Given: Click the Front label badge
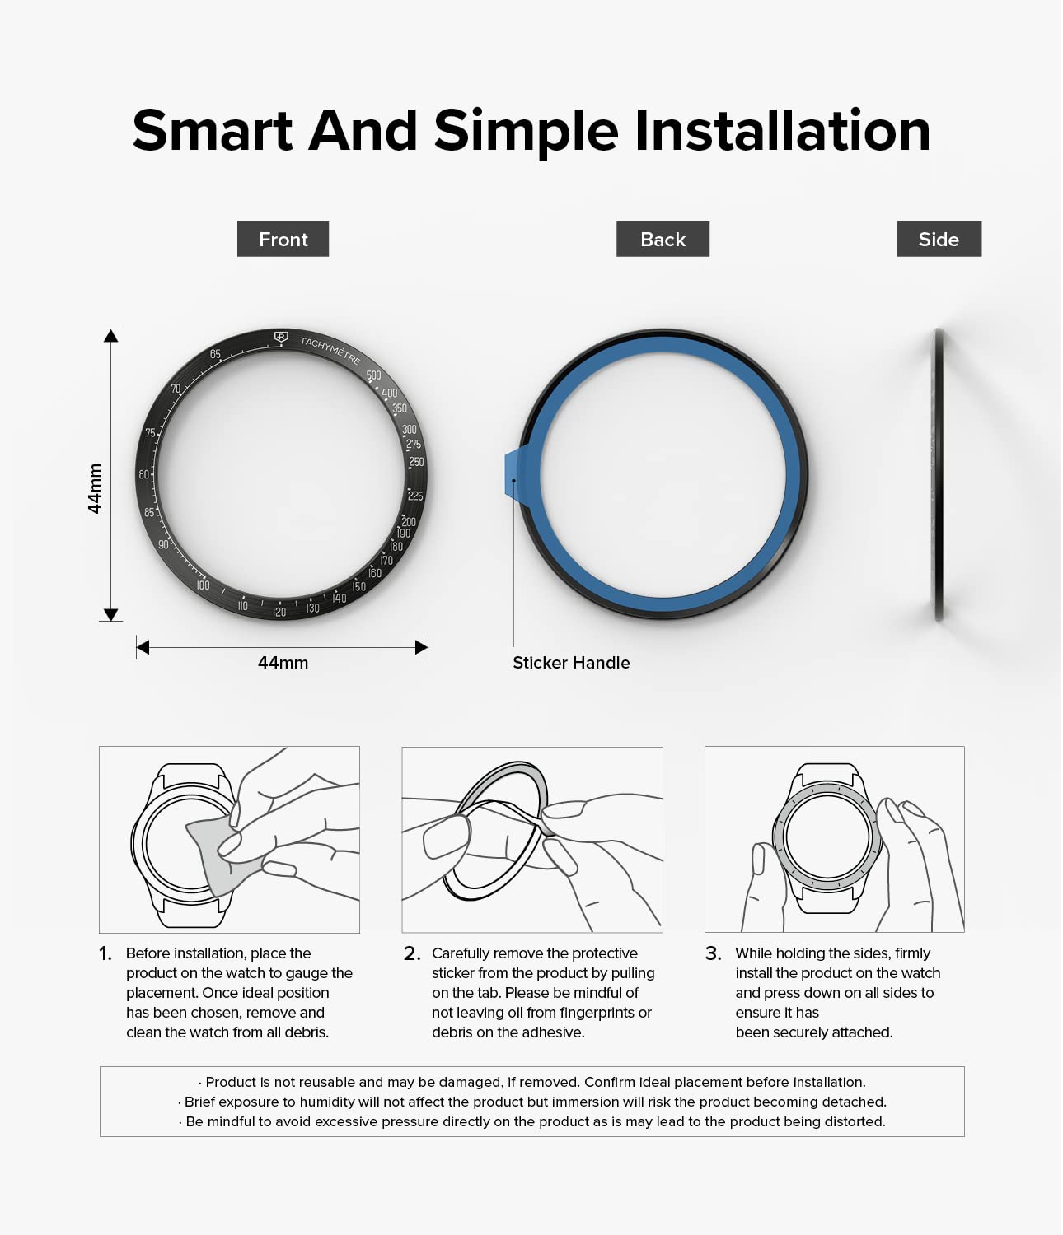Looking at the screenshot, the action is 283,239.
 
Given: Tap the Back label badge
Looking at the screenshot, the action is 663,239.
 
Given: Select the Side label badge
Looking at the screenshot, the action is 939,239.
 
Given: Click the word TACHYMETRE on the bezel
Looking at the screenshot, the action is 330,350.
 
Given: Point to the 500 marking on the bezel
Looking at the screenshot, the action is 373,375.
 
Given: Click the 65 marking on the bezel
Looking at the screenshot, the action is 215,354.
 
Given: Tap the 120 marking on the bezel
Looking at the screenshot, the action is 279,612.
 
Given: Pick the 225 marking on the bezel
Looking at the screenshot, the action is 415,496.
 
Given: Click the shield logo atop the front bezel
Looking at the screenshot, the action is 281,337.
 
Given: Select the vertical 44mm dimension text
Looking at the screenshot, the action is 95,488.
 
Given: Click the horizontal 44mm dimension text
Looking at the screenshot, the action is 283,663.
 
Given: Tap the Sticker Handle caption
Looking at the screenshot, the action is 571,663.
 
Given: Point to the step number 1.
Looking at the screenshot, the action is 105,953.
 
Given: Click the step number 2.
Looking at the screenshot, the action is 412,953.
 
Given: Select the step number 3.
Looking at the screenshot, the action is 714,953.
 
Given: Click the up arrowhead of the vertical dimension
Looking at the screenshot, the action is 110,336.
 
